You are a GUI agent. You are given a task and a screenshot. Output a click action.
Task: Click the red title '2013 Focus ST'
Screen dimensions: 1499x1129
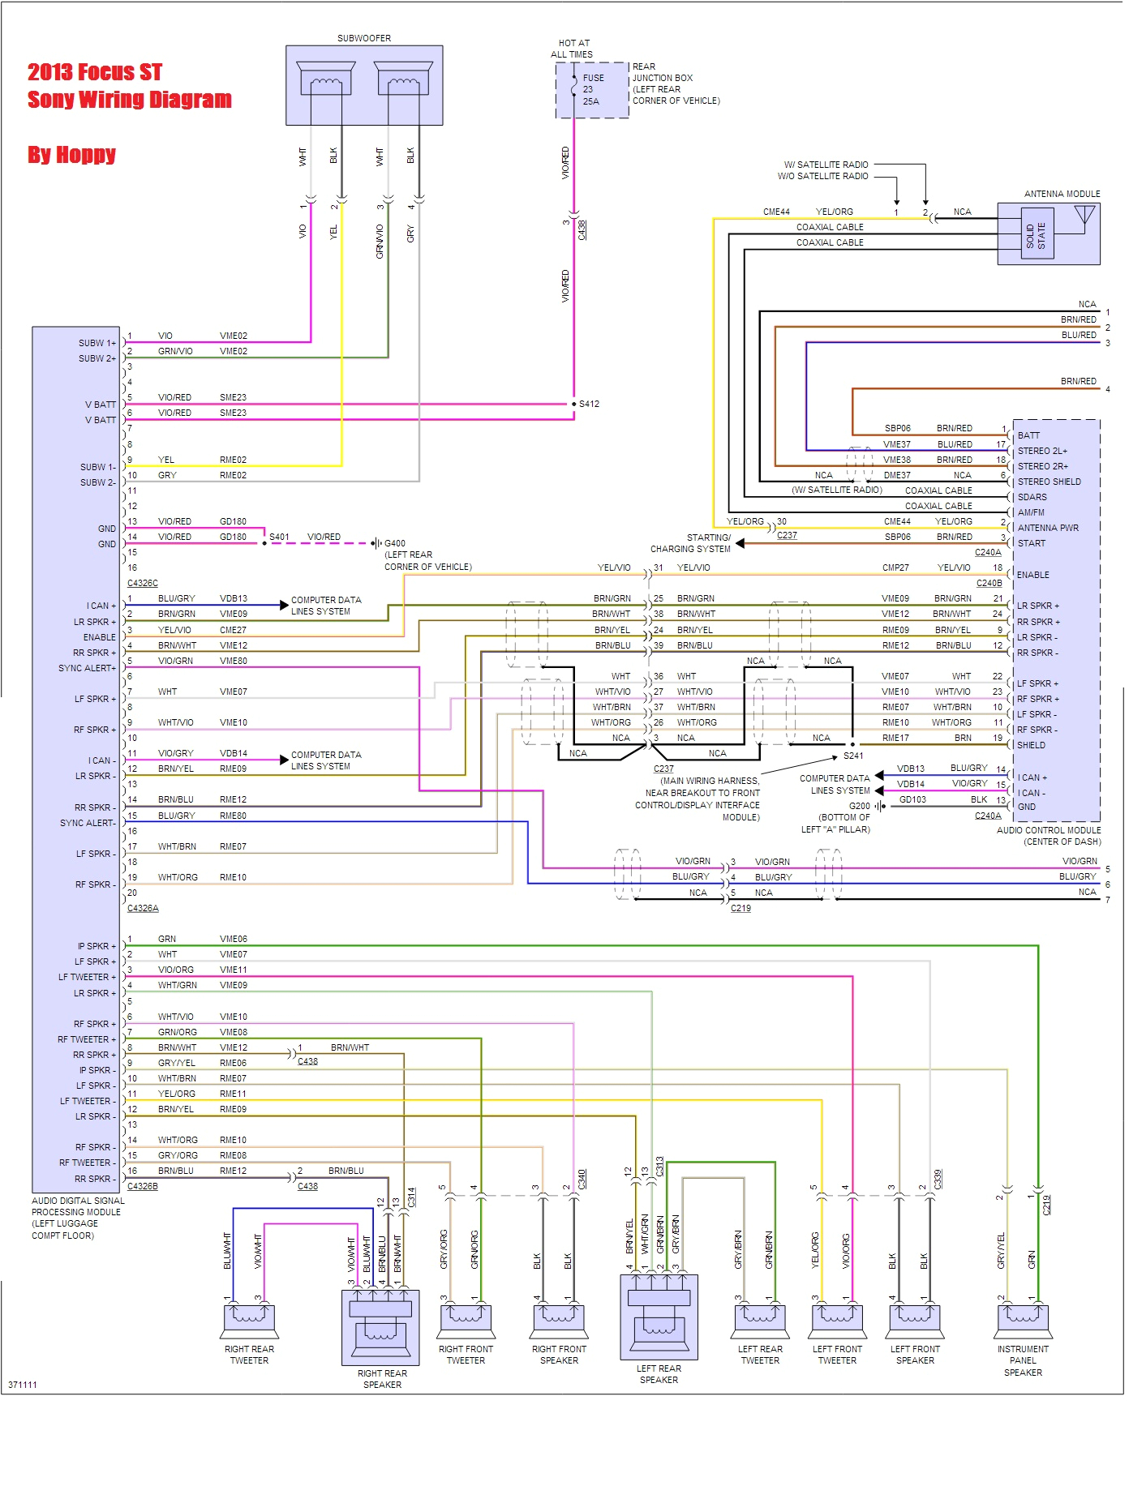point(95,73)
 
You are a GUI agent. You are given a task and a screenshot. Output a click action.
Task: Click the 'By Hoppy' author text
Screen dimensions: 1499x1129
point(71,154)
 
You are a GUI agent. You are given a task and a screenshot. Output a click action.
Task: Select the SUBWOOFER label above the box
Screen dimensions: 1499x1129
point(364,38)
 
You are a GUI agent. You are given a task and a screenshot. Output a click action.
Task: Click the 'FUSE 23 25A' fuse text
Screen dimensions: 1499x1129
point(593,89)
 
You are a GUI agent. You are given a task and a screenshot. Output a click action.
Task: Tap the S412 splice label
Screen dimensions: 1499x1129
point(589,404)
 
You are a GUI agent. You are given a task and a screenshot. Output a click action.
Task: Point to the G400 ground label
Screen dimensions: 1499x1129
point(395,543)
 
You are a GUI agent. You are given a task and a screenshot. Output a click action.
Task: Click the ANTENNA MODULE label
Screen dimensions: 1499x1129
point(1062,194)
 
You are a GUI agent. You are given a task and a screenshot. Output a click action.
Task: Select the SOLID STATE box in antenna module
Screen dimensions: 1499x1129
point(1036,235)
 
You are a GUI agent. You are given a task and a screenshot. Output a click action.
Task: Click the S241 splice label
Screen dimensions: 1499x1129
point(853,756)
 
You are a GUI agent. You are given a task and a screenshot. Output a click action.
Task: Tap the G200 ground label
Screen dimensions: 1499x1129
point(859,806)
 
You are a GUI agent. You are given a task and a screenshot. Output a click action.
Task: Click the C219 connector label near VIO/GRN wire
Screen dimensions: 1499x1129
point(741,908)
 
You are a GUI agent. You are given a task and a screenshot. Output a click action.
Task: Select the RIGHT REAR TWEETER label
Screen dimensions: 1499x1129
point(249,1355)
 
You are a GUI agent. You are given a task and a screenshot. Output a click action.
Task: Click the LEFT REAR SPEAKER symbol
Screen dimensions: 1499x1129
point(659,1317)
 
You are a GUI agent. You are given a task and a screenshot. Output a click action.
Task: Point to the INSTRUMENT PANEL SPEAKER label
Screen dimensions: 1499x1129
point(1023,1360)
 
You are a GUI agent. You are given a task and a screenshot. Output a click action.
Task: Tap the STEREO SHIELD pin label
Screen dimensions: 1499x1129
point(1049,482)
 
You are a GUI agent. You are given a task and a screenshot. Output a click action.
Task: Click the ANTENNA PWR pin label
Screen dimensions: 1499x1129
point(1048,528)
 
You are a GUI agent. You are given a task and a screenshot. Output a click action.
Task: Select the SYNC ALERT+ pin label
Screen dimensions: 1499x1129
point(87,668)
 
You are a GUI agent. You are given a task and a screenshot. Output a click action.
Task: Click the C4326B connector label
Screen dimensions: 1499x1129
point(143,1186)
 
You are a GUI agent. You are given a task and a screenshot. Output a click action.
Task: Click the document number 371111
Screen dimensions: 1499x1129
point(23,1385)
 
